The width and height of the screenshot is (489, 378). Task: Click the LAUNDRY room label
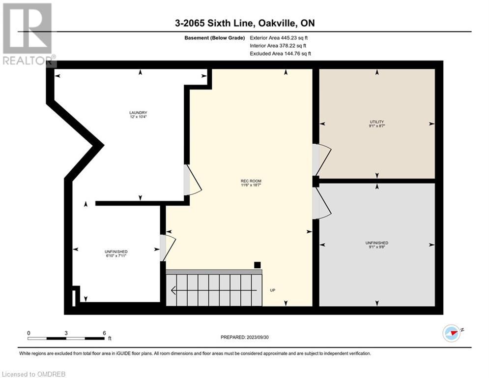(138, 113)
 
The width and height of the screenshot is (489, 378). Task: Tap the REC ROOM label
(251, 181)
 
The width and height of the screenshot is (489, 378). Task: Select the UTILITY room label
(377, 122)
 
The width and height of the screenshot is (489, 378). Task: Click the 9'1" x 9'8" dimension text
(377, 247)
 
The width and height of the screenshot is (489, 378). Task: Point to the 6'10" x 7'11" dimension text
(116, 255)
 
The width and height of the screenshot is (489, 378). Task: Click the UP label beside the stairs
(273, 290)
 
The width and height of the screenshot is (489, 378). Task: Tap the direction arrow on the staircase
(214, 290)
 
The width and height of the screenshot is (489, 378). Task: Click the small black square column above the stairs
(258, 265)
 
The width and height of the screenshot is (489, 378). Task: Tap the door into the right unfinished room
(322, 203)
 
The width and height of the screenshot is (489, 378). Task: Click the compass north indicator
(452, 333)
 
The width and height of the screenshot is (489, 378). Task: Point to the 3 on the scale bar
(66, 333)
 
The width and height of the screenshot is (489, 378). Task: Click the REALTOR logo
(28, 34)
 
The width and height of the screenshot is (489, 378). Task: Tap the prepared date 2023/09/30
(258, 337)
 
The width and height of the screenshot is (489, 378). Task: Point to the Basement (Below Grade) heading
(215, 38)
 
